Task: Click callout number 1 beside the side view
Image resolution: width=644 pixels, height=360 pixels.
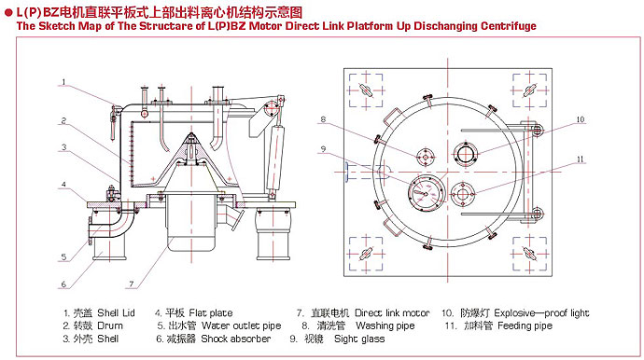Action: pyautogui.click(x=63, y=82)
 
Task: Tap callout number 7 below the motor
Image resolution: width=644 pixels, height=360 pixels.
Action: pyautogui.click(x=132, y=284)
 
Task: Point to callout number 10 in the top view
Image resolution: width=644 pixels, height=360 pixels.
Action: pyautogui.click(x=580, y=119)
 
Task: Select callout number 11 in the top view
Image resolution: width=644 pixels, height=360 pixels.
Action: pyautogui.click(x=580, y=159)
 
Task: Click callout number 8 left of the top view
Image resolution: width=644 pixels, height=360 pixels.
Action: pyautogui.click(x=323, y=119)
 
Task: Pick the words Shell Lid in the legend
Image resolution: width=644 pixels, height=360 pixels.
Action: pyautogui.click(x=116, y=313)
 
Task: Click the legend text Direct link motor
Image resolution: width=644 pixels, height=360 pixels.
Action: pyautogui.click(x=392, y=313)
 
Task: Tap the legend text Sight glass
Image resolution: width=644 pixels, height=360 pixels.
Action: pyautogui.click(x=359, y=339)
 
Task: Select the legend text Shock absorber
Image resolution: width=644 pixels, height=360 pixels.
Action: pyautogui.click(x=236, y=339)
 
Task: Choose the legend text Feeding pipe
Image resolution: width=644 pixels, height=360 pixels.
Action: pyautogui.click(x=525, y=325)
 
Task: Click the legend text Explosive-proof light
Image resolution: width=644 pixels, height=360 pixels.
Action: pyautogui.click(x=541, y=313)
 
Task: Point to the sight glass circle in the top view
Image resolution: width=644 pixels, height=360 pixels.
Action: pyautogui.click(x=426, y=193)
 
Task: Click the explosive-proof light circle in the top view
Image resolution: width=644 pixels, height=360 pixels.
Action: pyautogui.click(x=466, y=154)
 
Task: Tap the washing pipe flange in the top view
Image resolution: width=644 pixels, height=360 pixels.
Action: pyautogui.click(x=426, y=158)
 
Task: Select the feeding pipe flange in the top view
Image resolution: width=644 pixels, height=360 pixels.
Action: pyautogui.click(x=463, y=195)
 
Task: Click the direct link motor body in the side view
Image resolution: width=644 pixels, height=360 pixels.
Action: pyautogui.click(x=191, y=223)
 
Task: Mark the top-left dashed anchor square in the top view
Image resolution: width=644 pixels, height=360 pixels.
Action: pyautogui.click(x=366, y=90)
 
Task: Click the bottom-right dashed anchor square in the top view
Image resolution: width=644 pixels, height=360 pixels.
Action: pyautogui.click(x=530, y=254)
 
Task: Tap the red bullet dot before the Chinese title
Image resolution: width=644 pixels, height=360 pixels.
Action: pyautogui.click(x=8, y=13)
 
